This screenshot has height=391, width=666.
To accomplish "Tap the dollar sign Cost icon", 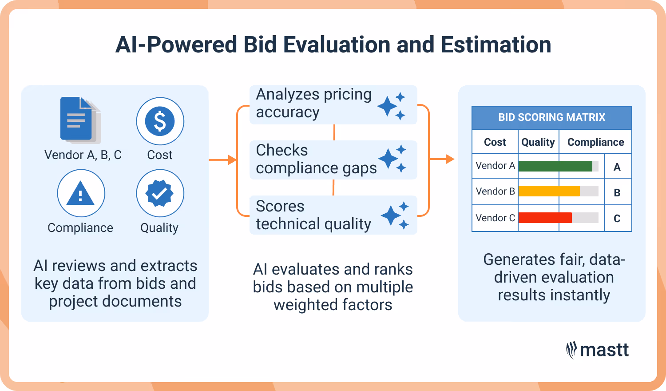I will click(x=160, y=121).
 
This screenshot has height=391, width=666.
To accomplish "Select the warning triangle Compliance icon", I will click(x=81, y=193).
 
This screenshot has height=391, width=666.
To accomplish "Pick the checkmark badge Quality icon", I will click(x=160, y=193).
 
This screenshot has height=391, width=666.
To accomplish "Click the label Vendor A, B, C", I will click(x=83, y=155).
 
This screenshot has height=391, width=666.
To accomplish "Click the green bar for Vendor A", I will click(x=555, y=166).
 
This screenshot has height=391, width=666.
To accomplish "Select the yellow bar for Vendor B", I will click(x=549, y=192).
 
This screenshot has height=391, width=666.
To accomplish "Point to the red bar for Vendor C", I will click(x=545, y=218).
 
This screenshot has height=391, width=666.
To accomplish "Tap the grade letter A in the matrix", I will click(x=617, y=167).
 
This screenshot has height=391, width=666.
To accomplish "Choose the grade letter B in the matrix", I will click(x=617, y=193).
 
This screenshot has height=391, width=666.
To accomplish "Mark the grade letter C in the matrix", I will click(x=617, y=219).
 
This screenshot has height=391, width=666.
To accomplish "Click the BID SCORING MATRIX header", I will click(x=551, y=117).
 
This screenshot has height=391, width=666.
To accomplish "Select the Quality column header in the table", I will click(x=538, y=142).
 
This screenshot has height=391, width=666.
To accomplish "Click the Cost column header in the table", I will click(x=495, y=142).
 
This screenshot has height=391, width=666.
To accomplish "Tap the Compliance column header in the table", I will click(x=595, y=142).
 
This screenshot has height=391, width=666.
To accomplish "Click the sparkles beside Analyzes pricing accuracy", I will click(x=392, y=106).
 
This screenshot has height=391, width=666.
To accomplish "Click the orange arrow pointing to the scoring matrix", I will click(x=444, y=159).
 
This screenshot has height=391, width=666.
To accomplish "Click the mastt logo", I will click(x=597, y=350).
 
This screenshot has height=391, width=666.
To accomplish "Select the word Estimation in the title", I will click(x=496, y=45).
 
